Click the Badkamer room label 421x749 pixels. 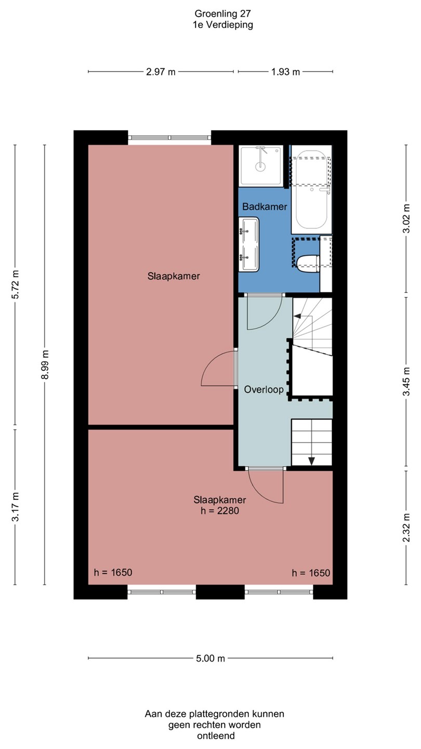click(x=265, y=206)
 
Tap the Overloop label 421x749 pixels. click(x=264, y=389)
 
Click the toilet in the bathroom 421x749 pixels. click(x=308, y=264)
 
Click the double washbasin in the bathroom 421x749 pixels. click(x=249, y=244)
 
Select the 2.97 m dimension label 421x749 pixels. click(x=161, y=72)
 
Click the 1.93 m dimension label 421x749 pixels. click(x=285, y=72)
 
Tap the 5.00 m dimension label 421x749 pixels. click(x=210, y=658)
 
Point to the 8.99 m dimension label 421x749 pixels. click(x=45, y=365)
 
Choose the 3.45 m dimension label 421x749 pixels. click(x=406, y=382)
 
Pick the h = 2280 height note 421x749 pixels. click(x=220, y=511)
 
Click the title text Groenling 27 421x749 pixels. click(x=222, y=14)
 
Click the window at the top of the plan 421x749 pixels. click(x=170, y=137)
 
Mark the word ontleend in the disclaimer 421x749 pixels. click(x=216, y=735)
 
